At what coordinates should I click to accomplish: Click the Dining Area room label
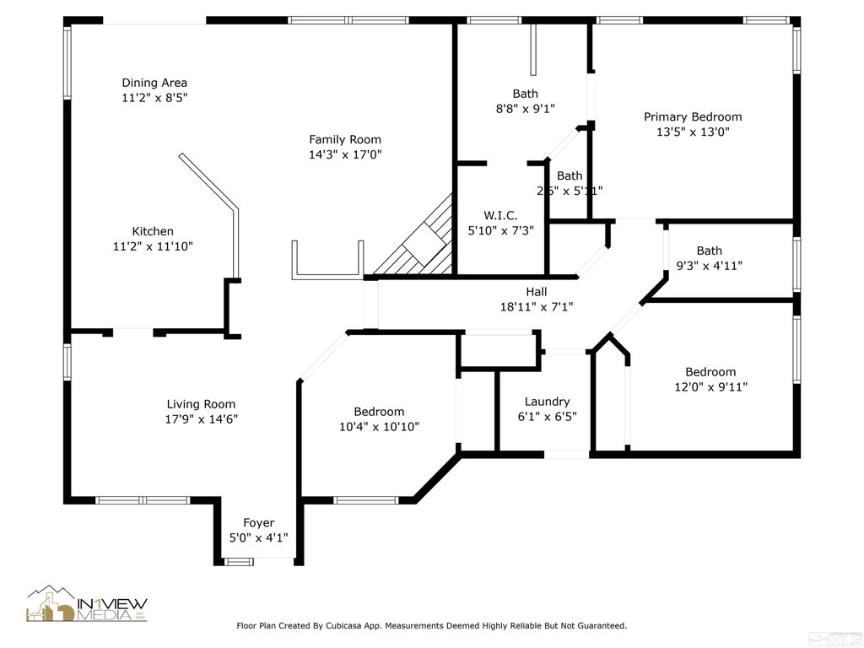pos(154,83)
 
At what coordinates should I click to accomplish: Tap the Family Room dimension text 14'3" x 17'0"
pos(344,154)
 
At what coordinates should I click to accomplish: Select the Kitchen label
pos(153,231)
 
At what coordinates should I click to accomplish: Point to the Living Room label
pos(201,404)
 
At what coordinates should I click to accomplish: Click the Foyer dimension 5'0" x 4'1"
pos(259,537)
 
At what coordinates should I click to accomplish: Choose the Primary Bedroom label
pos(693,116)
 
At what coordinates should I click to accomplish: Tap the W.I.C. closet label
pos(500,215)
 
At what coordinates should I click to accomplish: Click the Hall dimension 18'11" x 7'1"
pos(537,307)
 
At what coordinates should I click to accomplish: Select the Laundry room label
pos(547,402)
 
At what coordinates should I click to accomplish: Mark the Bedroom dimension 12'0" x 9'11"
pos(710,387)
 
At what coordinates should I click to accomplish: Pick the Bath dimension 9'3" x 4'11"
pos(709,266)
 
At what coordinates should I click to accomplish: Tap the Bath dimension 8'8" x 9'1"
pos(525,108)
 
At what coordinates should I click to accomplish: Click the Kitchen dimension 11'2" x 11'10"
pos(153,246)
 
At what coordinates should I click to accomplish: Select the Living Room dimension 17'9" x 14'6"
pos(201,419)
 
